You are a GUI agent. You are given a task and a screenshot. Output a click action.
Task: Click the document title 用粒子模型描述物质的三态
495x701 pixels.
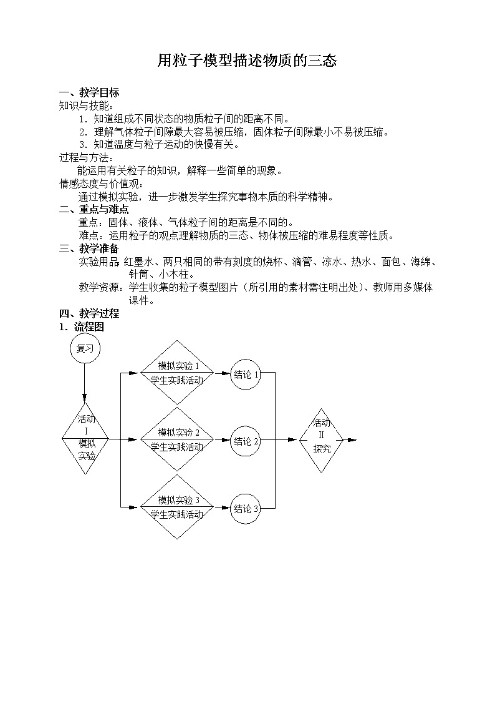(247, 61)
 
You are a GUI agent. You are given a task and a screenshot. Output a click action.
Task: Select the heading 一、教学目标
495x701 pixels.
(89, 93)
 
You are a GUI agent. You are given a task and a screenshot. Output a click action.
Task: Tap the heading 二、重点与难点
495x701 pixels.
(94, 209)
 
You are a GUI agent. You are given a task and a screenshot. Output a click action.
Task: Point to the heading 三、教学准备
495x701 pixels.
(89, 248)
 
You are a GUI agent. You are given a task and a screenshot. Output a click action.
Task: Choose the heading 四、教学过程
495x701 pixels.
(89, 313)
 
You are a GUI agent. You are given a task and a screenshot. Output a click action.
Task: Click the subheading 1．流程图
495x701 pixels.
(82, 327)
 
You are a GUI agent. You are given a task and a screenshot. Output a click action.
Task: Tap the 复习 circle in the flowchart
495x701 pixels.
(85, 348)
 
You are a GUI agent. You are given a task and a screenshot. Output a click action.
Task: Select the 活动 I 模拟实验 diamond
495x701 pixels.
(85, 438)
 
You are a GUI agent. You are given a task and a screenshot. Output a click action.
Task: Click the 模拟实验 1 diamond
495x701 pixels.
(177, 373)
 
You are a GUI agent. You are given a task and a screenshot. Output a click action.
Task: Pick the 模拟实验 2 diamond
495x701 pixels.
(177, 439)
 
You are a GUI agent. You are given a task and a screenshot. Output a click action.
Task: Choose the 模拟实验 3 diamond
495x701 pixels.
(177, 506)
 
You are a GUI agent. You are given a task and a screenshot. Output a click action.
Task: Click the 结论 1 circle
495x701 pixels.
(246, 374)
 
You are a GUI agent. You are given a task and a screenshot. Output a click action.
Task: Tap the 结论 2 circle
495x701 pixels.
(246, 441)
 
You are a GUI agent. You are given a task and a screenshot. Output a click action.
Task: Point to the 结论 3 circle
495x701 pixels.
(246, 508)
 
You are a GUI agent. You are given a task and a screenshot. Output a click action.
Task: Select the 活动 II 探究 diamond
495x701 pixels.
(321, 440)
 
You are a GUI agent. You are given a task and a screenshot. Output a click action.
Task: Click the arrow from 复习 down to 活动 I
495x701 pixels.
(84, 383)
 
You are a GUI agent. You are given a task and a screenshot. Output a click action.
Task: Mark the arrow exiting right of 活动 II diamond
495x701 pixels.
(350, 440)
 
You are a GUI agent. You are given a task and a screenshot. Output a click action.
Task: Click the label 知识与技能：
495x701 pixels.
(87, 106)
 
